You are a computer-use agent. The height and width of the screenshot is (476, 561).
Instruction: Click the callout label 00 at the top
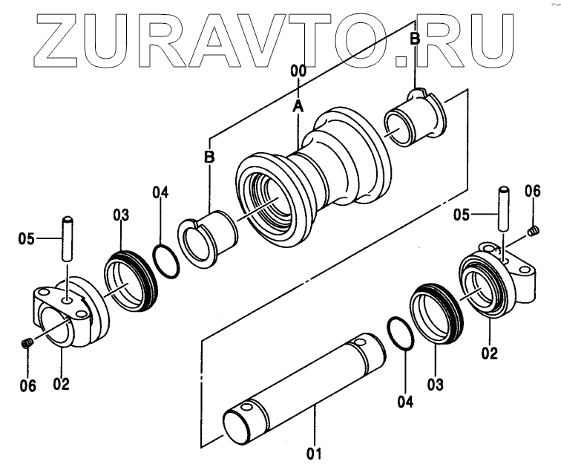pos(298,72)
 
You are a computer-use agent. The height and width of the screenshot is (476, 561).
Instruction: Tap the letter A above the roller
pos(298,106)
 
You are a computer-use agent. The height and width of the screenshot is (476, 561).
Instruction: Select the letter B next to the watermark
pos(415,39)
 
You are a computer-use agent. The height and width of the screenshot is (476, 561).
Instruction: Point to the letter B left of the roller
pos(210,157)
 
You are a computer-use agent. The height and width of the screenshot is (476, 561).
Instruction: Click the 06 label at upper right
pos(532,191)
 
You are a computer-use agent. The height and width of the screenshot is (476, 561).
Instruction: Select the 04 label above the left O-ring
pos(161,195)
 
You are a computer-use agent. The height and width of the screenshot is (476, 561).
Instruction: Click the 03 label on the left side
pos(121,215)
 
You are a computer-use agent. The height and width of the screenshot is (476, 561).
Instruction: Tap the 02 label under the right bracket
pos(489,353)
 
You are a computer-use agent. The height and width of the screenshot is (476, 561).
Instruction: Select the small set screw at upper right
pos(532,235)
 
